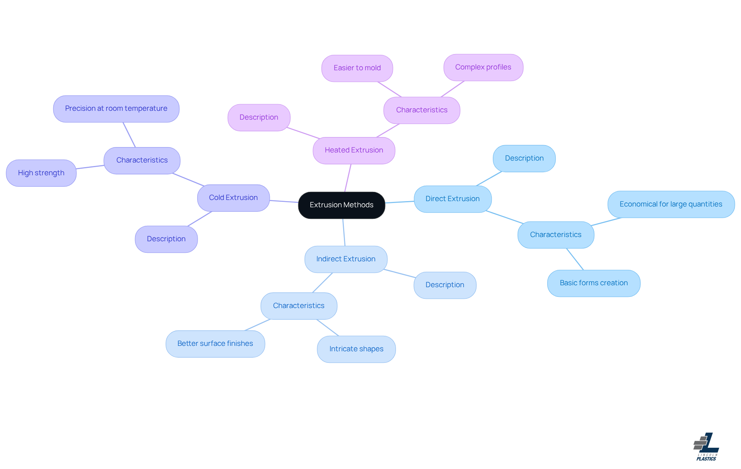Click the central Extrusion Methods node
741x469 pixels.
342,205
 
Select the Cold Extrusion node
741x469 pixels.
233,198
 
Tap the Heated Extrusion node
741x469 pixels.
354,150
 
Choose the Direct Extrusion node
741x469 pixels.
452,199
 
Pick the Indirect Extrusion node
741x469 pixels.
345,259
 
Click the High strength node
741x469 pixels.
41,173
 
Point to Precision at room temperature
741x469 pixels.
116,108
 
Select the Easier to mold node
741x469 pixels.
357,68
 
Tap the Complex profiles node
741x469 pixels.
483,67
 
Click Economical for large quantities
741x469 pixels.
671,204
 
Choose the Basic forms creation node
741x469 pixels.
594,283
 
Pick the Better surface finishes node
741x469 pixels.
215,344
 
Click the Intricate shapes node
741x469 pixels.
356,349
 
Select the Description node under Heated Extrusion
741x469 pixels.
259,117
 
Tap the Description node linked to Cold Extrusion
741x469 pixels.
166,239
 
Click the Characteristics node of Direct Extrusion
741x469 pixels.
555,235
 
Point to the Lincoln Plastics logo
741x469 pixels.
706,447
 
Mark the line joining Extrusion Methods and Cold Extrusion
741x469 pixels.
284,201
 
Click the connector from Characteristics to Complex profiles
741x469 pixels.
452,89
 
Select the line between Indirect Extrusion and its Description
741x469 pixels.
400,273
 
